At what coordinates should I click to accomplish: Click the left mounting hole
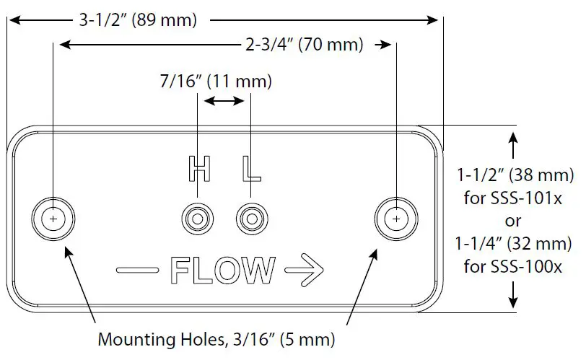53,218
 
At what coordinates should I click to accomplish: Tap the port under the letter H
197,218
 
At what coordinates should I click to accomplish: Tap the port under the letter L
250,218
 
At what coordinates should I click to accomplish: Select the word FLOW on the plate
222,271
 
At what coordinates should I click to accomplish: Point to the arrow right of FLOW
304,271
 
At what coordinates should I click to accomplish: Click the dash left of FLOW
137,271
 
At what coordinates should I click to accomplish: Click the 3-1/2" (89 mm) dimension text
137,20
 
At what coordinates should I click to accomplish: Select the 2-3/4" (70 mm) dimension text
304,45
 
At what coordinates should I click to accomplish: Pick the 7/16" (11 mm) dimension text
216,82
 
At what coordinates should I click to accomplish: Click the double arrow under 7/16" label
224,102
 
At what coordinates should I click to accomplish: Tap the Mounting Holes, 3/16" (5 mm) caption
216,338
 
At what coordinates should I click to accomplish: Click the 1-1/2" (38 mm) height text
515,175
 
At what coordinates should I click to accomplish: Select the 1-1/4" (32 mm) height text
515,244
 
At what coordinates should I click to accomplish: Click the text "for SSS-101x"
515,198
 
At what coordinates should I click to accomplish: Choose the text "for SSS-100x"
515,267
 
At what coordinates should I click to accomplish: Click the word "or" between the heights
515,221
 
